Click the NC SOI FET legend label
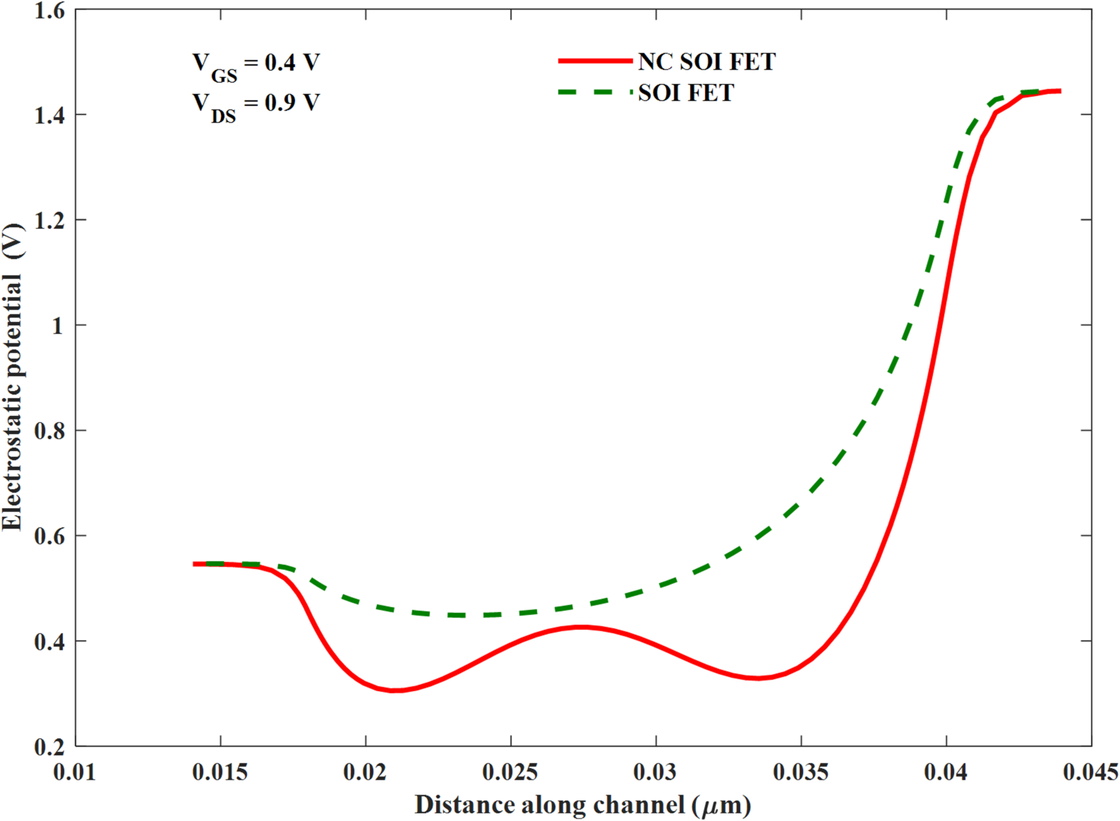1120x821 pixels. (x=706, y=62)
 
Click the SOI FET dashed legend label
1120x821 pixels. (x=686, y=92)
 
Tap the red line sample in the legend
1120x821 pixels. (x=595, y=61)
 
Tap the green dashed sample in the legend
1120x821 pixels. (x=595, y=92)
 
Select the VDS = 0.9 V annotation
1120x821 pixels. (x=255, y=106)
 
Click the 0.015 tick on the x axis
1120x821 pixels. (x=220, y=772)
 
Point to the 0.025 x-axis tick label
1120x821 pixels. (x=511, y=772)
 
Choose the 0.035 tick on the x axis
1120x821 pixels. (x=801, y=772)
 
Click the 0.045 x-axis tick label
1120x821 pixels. (x=1090, y=772)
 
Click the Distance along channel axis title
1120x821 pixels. (x=582, y=805)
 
